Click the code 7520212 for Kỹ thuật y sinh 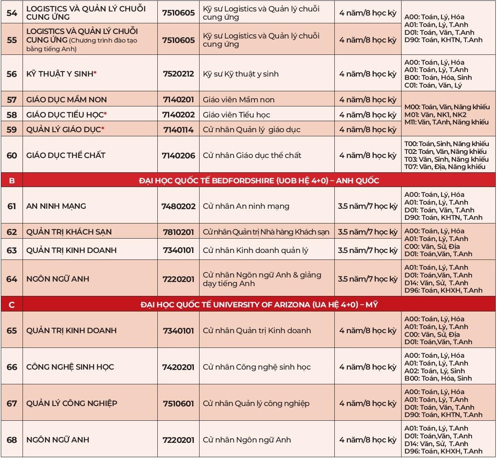(178, 74)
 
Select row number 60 (12, 156)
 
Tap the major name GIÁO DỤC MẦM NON (66, 100)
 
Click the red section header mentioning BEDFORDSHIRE (259, 180)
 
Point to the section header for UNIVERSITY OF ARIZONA (259, 305)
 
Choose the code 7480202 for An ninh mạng (178, 206)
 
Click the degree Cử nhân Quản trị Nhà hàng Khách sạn (266, 232)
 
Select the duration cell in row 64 (368, 279)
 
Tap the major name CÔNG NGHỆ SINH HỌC (70, 367)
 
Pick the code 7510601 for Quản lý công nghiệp (178, 404)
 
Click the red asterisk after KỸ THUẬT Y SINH (95, 74)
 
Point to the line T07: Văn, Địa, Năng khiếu (445, 167)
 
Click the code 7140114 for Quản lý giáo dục (178, 130)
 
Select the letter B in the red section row (12, 180)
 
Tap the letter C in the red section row (12, 305)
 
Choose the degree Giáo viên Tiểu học (236, 115)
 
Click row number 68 (12, 440)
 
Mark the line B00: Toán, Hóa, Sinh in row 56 (438, 78)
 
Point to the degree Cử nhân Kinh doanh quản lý (255, 250)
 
